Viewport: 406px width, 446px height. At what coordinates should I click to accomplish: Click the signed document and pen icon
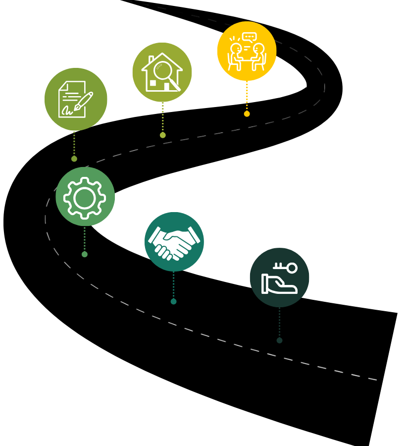point(76,99)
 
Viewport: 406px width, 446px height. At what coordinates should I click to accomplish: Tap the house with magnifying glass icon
point(162,72)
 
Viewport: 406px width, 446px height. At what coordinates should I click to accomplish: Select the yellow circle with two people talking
point(247,51)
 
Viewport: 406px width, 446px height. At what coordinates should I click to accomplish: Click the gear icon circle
point(85,197)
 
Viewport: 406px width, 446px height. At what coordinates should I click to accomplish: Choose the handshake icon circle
point(174,242)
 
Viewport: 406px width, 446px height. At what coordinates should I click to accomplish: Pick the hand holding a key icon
point(279,278)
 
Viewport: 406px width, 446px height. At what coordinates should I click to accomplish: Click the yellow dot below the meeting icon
point(247,114)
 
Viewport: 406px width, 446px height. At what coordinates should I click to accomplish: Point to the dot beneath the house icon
point(162,135)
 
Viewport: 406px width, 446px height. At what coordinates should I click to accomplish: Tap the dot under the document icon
point(74,159)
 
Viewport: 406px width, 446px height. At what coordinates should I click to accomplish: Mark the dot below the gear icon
point(85,254)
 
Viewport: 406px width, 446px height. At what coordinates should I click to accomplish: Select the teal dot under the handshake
point(173,301)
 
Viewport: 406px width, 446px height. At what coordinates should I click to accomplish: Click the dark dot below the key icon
point(279,340)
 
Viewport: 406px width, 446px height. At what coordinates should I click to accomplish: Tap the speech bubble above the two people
point(250,37)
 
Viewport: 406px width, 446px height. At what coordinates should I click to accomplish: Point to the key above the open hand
point(286,268)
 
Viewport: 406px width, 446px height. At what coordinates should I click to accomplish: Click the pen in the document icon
point(84,101)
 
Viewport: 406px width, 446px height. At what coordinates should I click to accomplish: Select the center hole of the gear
point(85,198)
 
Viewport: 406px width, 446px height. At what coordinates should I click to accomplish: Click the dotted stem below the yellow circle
point(247,97)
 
